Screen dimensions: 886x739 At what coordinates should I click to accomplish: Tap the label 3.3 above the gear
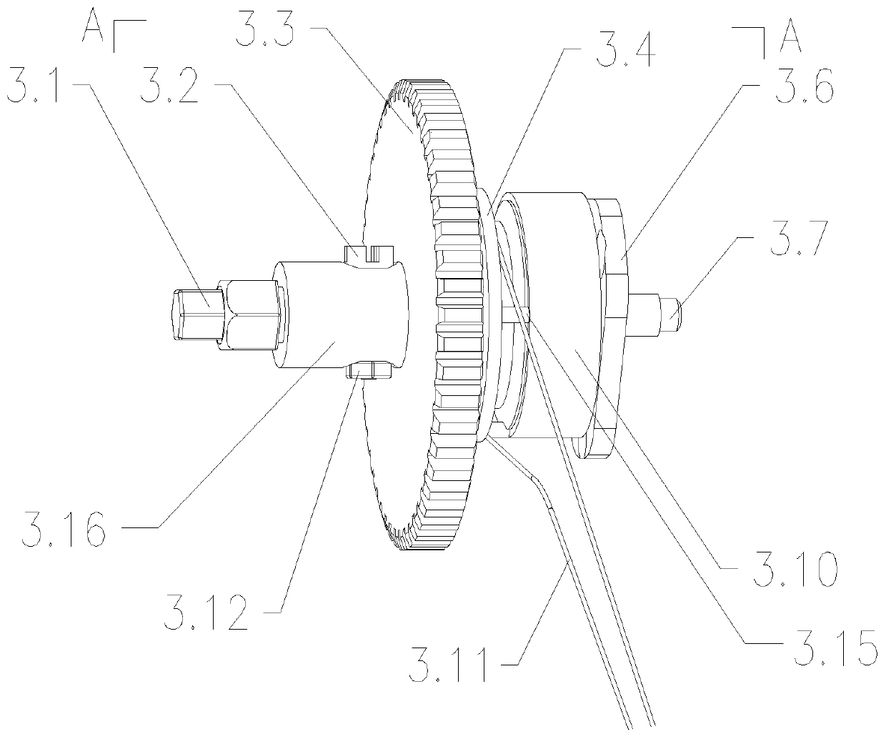pyautogui.click(x=264, y=29)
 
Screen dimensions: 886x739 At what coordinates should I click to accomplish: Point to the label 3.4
pyautogui.click(x=625, y=49)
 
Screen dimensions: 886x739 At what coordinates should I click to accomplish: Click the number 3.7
pyautogui.click(x=800, y=238)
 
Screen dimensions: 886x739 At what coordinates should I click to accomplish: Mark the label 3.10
pyautogui.click(x=795, y=569)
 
